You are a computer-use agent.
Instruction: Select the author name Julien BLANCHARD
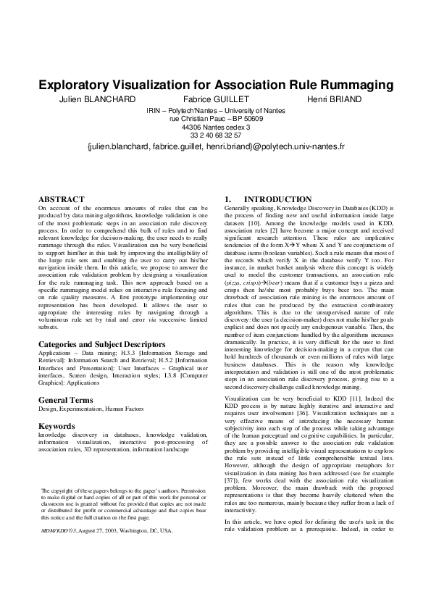click(93, 99)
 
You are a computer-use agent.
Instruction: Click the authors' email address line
click(215, 146)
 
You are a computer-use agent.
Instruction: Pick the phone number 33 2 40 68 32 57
click(215, 135)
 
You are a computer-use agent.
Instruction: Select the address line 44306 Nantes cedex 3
click(215, 126)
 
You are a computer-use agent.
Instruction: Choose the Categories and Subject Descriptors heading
click(101, 344)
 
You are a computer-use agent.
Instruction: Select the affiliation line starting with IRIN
click(215, 109)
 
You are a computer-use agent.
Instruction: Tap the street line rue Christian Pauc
click(215, 117)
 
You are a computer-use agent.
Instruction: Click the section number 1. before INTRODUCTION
click(228, 199)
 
